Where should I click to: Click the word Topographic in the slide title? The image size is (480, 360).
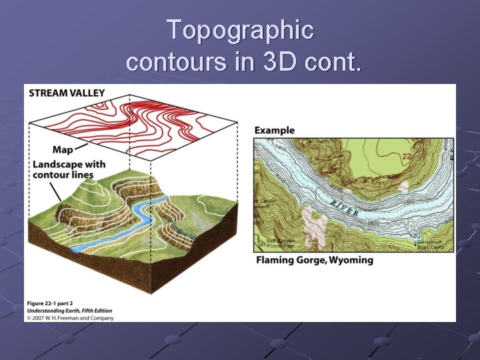240,30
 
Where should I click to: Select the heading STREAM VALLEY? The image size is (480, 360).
67,93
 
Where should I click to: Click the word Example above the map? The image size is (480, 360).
274,130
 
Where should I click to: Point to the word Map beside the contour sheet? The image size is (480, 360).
62,150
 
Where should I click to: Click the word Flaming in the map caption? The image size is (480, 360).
275,259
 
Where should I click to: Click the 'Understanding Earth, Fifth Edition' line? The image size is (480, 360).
69,310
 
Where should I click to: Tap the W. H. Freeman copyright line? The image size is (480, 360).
71,318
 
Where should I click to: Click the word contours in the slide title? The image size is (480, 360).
162,61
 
